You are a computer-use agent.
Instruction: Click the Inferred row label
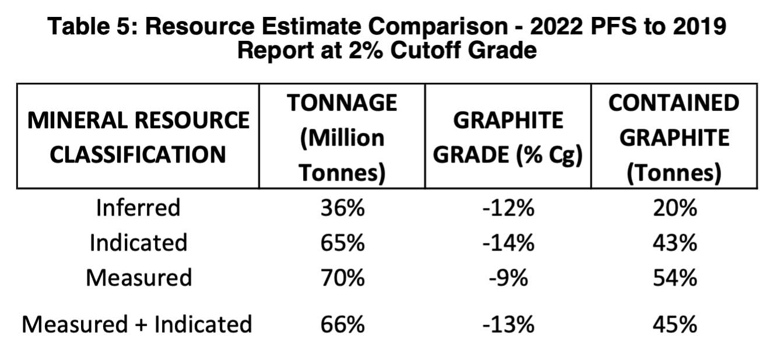[138, 207]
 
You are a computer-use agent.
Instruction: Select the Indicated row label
[138, 242]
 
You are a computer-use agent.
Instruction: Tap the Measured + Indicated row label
[137, 324]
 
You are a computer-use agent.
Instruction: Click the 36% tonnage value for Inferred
[342, 207]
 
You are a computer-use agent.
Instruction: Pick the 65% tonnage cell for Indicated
[342, 242]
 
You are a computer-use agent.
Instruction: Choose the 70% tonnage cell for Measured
[342, 277]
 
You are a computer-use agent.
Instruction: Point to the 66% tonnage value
[342, 324]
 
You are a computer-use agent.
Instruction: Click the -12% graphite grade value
[508, 207]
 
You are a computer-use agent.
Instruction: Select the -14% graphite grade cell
[508, 242]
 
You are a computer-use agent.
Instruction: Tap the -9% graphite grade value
[508, 277]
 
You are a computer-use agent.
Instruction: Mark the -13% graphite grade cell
[508, 324]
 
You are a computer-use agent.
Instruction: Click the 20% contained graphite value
[674, 207]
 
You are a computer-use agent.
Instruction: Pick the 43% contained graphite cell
[674, 242]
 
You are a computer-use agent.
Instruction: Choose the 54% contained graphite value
[674, 277]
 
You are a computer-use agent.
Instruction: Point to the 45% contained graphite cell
[674, 324]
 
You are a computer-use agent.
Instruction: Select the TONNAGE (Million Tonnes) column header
[342, 137]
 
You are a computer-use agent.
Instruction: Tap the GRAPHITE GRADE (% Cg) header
[508, 137]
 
